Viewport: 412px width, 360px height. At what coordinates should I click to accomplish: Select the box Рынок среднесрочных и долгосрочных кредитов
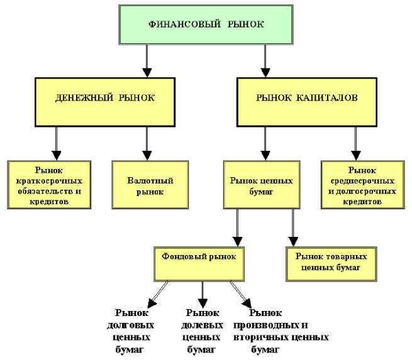point(360,184)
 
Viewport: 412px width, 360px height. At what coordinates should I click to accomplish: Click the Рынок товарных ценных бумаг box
point(328,263)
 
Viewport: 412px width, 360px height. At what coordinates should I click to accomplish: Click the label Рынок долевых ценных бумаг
point(203,329)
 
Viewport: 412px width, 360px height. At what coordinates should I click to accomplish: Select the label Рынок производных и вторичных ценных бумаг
point(281,329)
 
